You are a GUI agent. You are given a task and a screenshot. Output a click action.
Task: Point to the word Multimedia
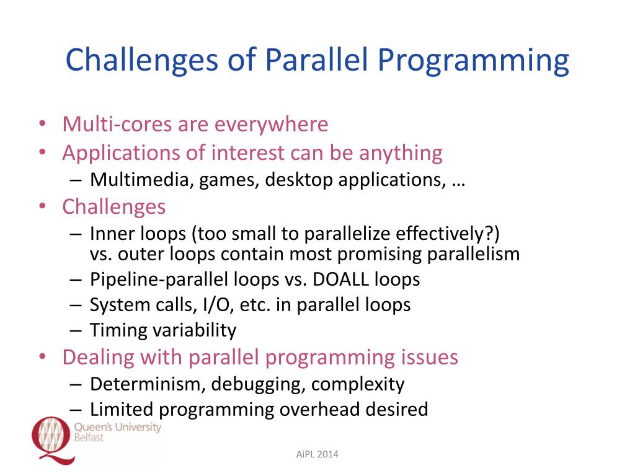141,180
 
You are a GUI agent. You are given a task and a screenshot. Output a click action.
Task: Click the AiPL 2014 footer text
317,455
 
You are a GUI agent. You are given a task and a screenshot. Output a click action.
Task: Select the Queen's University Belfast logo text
117,431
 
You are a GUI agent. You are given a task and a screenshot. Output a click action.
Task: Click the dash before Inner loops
75,234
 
